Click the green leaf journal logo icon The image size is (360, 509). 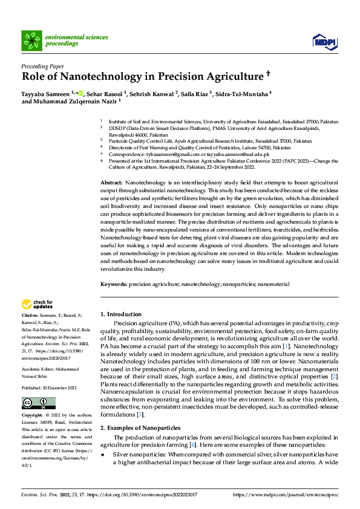tap(31, 41)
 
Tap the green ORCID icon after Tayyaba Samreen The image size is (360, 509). tap(80, 93)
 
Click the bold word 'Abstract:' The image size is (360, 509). tap(111, 182)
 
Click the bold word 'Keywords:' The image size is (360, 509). tap(114, 284)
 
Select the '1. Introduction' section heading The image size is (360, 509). tap(121, 314)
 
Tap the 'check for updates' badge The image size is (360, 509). tap(38, 304)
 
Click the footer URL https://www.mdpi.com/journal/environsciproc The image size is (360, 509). tap(286, 494)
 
